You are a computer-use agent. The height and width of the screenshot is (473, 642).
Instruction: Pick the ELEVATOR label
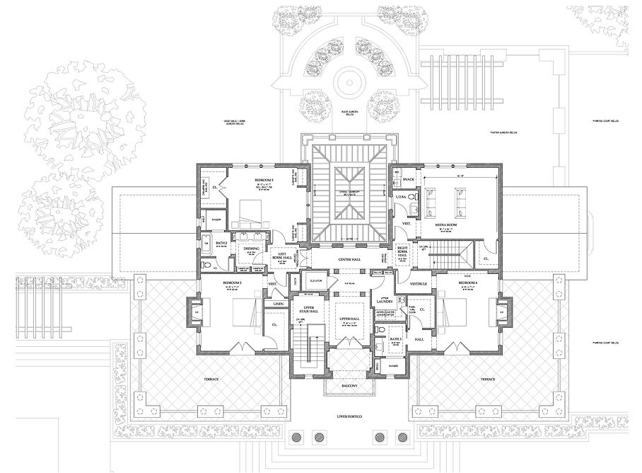point(316,281)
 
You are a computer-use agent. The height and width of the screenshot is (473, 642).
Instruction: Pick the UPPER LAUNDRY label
point(385,299)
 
